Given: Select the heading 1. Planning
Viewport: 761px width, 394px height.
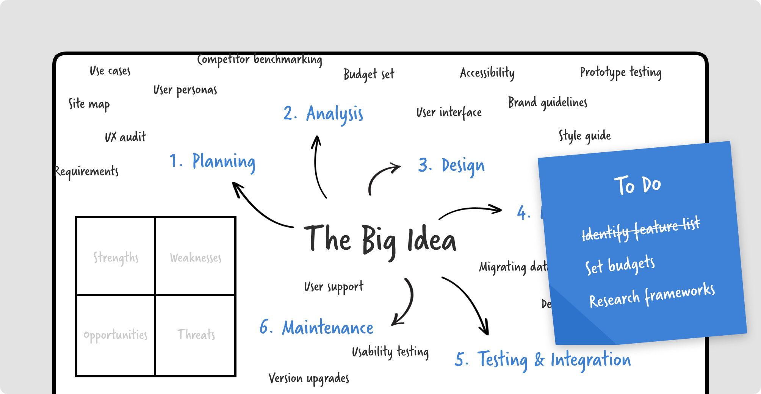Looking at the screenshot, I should point(212,162).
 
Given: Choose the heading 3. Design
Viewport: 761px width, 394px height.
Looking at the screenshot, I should point(451,166).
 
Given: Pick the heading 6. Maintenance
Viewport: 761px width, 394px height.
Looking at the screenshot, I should point(316,328).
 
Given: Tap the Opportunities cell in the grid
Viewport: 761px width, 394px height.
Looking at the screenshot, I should point(116,335).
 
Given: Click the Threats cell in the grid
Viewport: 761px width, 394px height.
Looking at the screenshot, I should point(196,335).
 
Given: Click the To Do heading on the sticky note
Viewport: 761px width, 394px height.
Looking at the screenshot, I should point(637,185).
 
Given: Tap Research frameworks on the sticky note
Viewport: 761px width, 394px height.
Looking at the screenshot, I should point(652,295).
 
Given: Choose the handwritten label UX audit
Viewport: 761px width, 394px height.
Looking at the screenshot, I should point(125,137).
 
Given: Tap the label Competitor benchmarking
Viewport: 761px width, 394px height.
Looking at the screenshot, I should point(260,60).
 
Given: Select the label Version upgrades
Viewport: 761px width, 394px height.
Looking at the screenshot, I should point(308,378).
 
